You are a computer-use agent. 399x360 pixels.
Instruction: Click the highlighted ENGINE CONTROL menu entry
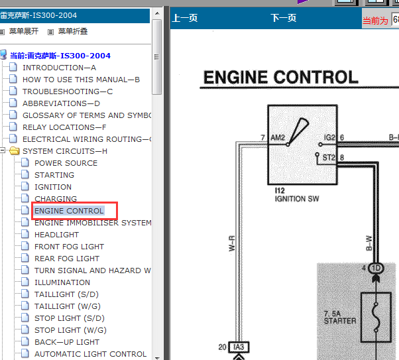[69, 211]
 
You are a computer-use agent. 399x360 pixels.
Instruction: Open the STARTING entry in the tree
[54, 175]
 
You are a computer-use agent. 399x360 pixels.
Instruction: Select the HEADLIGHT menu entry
[56, 235]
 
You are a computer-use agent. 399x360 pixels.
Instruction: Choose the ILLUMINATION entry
[62, 282]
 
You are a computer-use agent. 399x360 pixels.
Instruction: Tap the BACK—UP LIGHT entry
[67, 342]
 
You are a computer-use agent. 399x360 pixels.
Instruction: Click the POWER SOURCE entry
[66, 163]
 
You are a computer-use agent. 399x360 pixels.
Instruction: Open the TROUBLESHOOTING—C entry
[68, 91]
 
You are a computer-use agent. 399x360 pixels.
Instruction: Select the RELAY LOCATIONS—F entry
[64, 127]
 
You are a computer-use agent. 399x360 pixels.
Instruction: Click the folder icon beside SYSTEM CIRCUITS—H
[15, 151]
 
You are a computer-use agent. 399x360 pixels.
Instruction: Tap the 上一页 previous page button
[185, 18]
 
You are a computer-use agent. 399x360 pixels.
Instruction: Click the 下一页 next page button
[284, 18]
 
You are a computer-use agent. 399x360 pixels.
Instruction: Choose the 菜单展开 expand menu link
[24, 31]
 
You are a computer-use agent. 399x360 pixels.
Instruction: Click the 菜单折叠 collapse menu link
[73, 31]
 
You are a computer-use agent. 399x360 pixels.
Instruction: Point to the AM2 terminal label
[278, 138]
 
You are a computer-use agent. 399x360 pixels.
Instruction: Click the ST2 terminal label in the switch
[329, 158]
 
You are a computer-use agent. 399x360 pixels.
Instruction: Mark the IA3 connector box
[239, 347]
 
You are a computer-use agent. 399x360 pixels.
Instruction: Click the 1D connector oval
[376, 268]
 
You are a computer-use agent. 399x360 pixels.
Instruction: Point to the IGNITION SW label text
[297, 199]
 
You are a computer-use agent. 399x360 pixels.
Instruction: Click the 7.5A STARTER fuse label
[340, 318]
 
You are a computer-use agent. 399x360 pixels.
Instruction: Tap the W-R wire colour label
[232, 244]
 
